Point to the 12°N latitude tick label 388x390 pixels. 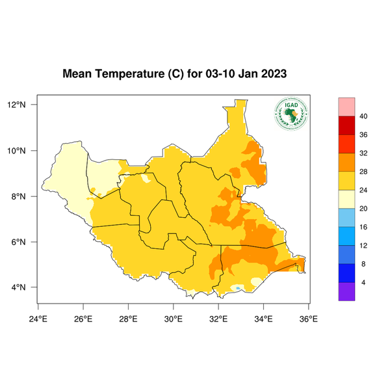17,105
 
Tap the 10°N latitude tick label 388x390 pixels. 17,151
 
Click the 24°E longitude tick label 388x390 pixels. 38,318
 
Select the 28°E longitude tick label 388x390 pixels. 128,318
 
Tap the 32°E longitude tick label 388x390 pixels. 218,318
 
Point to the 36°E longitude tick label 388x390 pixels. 308,318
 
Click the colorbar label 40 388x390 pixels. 364,116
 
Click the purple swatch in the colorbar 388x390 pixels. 346,292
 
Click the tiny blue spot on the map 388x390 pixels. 239,287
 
